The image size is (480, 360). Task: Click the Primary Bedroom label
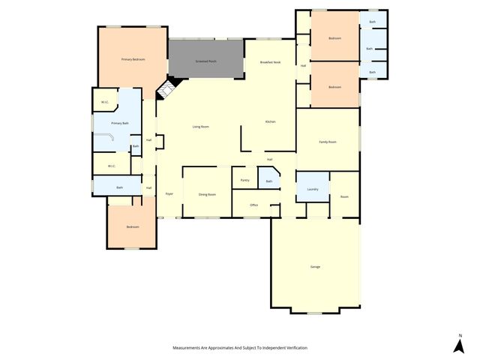point(133,58)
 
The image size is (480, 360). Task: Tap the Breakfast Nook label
point(270,62)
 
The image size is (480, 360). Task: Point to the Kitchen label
point(271,121)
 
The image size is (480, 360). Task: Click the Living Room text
point(200,127)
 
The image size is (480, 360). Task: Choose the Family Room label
point(328,142)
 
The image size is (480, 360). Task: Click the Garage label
point(315,267)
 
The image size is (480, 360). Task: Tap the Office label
point(254,205)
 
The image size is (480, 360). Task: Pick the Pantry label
point(244,180)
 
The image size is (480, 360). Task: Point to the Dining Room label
point(207,194)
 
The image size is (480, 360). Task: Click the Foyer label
point(169,194)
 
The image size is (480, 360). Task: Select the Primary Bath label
point(120,122)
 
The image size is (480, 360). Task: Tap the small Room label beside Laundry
point(344,196)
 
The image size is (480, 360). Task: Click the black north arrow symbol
point(459,346)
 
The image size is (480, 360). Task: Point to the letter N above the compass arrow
point(459,334)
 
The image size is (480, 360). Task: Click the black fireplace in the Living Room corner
point(164,91)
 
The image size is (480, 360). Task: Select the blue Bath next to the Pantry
point(269,181)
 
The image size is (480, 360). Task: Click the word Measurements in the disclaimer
point(187,348)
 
